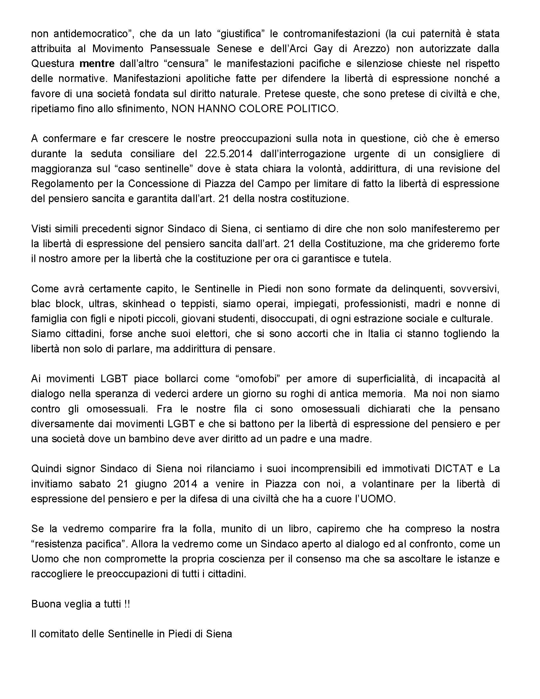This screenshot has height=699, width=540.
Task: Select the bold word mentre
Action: pyautogui.click(x=97, y=63)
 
